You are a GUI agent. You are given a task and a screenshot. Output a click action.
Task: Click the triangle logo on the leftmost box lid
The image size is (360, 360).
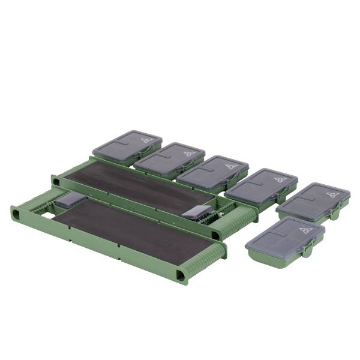(x=144, y=140)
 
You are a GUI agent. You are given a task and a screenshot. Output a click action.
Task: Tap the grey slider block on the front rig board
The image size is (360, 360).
(x=70, y=202)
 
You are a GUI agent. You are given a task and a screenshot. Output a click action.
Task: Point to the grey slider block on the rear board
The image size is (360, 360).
(x=200, y=211)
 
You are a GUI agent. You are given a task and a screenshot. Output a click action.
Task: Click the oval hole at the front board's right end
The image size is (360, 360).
(x=179, y=275)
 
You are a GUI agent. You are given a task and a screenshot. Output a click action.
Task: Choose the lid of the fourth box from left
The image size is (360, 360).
(x=262, y=185)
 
